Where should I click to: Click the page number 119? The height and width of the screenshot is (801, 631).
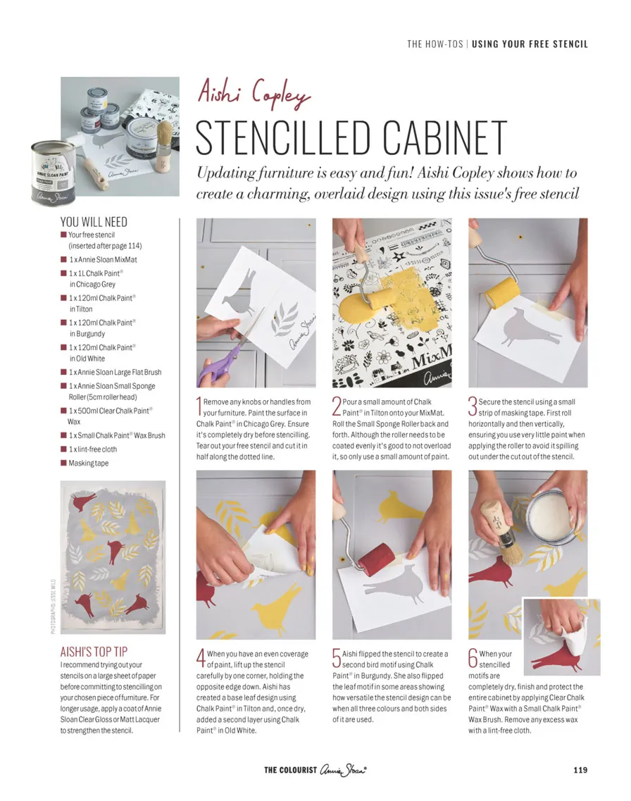(x=580, y=770)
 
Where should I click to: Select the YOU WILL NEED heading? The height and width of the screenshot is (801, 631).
(x=94, y=222)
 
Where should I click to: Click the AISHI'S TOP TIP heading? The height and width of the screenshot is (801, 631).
(x=94, y=652)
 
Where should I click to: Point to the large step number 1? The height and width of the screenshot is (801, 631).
(x=199, y=406)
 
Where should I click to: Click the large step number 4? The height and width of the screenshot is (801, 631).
(x=201, y=658)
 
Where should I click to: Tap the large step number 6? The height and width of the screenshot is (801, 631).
(x=473, y=658)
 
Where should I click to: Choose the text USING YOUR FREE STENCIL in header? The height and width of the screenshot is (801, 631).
(x=530, y=44)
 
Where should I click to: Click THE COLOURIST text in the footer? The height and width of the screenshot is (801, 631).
(x=290, y=770)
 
